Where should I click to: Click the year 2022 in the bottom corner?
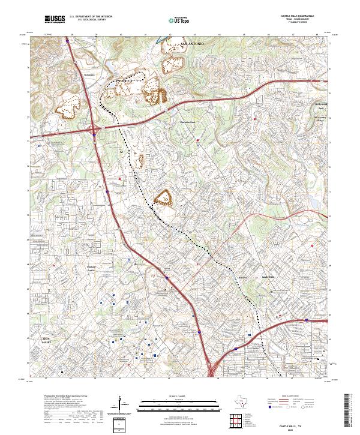[x=309, y=428]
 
